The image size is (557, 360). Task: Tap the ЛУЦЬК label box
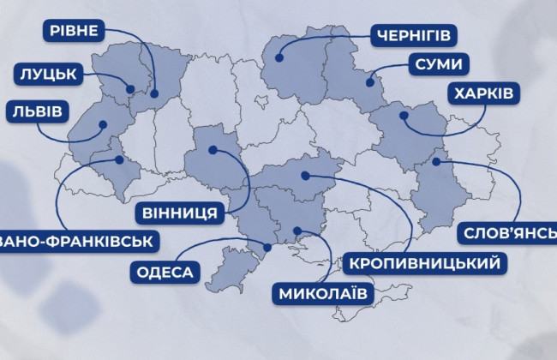48,75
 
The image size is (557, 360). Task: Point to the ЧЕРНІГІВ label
411,36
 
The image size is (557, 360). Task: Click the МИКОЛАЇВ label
323,294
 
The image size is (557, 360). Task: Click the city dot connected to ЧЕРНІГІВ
279,58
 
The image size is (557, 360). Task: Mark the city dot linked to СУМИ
369,83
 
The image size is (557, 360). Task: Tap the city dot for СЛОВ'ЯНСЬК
435,160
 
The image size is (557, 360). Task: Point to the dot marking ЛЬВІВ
102,125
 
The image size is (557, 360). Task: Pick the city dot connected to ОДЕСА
267,248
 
